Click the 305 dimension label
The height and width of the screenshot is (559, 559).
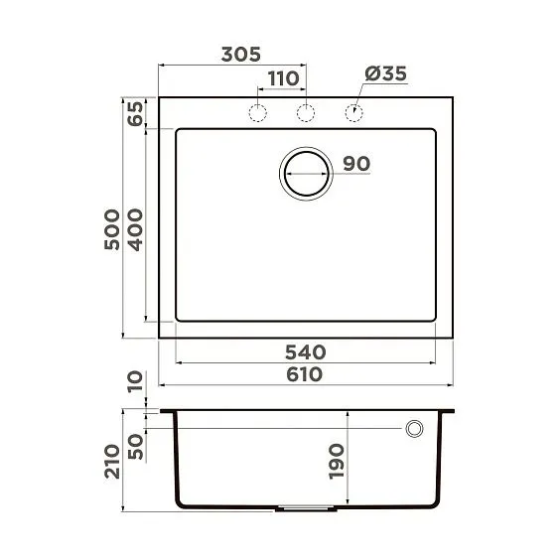click(233, 56)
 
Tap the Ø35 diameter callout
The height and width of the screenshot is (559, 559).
click(385, 73)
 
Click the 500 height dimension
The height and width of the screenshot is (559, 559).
click(111, 228)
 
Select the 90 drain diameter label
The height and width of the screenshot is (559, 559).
click(356, 164)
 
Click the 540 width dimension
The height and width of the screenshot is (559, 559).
click(305, 351)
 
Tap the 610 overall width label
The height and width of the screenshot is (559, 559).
click(305, 374)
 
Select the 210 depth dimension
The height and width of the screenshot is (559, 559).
click(111, 463)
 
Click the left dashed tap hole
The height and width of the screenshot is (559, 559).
click(257, 112)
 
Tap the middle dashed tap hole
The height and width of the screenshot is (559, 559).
click(306, 112)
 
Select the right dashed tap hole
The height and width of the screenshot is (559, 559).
click(353, 112)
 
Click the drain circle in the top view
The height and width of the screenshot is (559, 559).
click(306, 174)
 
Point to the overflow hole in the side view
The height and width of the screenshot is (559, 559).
click(413, 428)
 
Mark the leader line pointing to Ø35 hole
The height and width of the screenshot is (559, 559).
click(361, 95)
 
